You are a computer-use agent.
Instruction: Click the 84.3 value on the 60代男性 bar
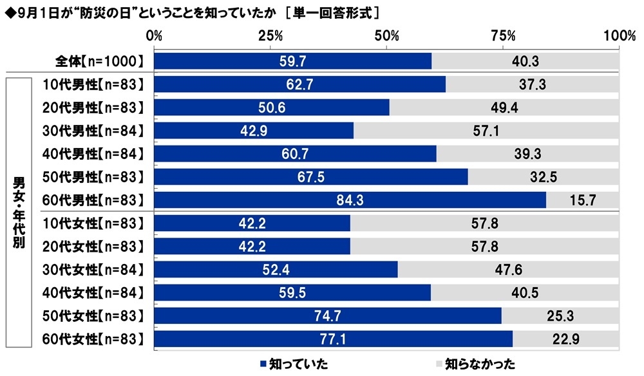(350, 201)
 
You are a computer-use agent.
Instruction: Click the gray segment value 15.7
(582, 201)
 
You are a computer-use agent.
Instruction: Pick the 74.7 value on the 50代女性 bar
(328, 315)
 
